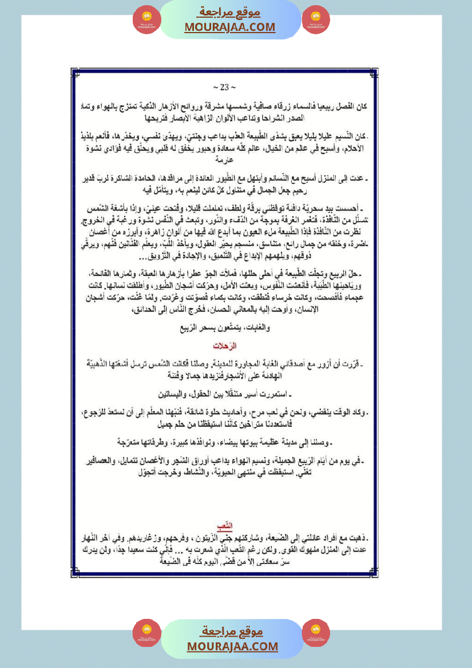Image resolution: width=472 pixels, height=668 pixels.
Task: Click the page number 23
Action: click(x=224, y=87)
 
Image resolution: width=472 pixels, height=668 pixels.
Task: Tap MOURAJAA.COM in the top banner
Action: click(x=229, y=27)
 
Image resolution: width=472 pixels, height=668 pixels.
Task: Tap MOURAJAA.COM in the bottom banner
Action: click(x=232, y=646)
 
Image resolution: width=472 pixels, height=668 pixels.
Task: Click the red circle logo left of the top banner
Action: click(x=147, y=20)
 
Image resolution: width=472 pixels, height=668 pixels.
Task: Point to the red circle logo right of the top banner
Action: click(x=316, y=20)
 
